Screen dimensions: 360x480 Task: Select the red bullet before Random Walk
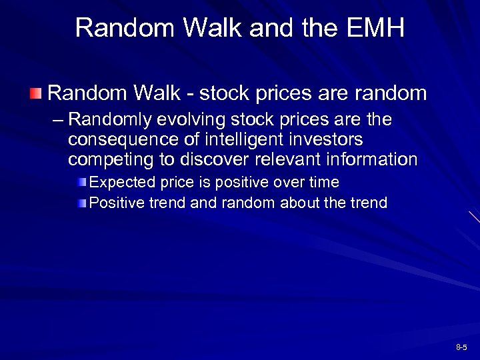click(x=37, y=92)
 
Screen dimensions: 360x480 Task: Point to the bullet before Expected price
click(x=81, y=183)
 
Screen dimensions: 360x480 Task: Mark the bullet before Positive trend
click(x=81, y=203)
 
